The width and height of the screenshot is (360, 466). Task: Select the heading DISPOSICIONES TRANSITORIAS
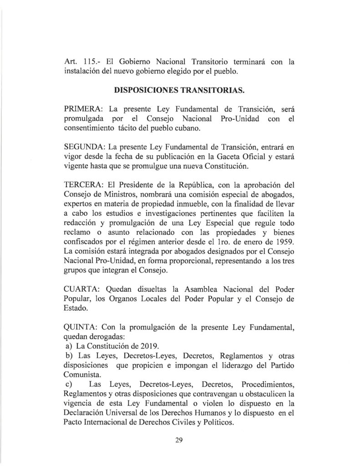click(x=180, y=90)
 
